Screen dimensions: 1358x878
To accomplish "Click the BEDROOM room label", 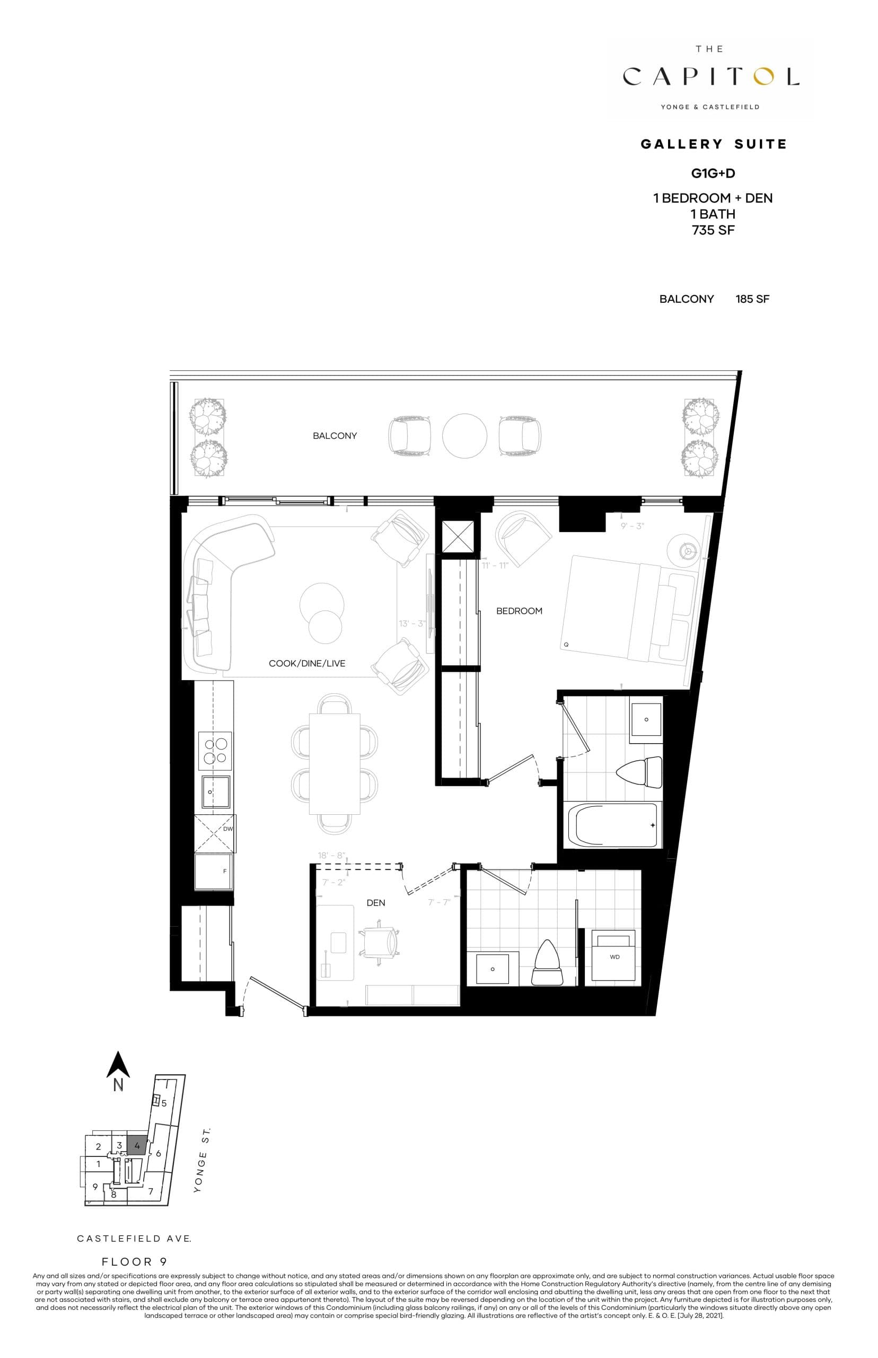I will pyautogui.click(x=519, y=611).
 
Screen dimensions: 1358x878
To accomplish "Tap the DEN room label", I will pyautogui.click(x=376, y=903).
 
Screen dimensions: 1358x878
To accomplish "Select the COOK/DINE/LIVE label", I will pyautogui.click(x=307, y=663).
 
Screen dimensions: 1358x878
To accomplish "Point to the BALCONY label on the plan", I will pyautogui.click(x=335, y=436).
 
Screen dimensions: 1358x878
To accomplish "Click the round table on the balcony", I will pyautogui.click(x=464, y=436).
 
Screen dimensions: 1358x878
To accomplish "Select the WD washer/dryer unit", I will pyautogui.click(x=613, y=956).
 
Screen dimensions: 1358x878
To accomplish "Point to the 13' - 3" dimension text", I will pyautogui.click(x=412, y=623).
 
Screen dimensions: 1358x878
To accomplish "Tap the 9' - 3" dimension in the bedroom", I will pyautogui.click(x=633, y=526).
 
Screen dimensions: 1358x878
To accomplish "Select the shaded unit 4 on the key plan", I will pyautogui.click(x=137, y=1146).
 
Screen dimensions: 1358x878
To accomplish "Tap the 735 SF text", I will pyautogui.click(x=713, y=230).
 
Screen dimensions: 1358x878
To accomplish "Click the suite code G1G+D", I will pyautogui.click(x=713, y=173).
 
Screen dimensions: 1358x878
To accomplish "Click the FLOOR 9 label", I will pyautogui.click(x=135, y=1261).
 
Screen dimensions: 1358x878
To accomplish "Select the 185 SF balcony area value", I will pyautogui.click(x=752, y=299).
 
